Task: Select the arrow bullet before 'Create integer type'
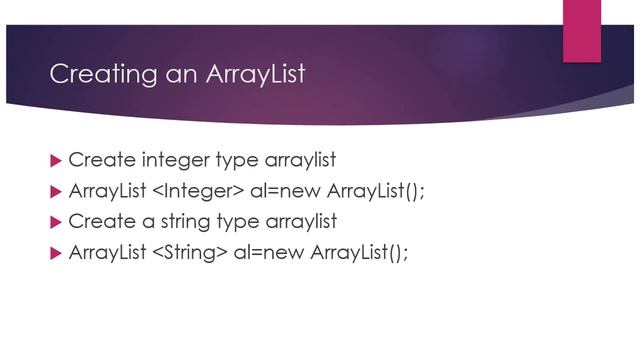click(x=55, y=160)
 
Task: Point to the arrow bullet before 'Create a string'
click(x=55, y=221)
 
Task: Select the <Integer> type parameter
click(x=190, y=191)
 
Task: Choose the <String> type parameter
click(x=187, y=252)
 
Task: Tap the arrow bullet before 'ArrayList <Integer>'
click(x=55, y=191)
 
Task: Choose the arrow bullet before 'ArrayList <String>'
click(x=55, y=252)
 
